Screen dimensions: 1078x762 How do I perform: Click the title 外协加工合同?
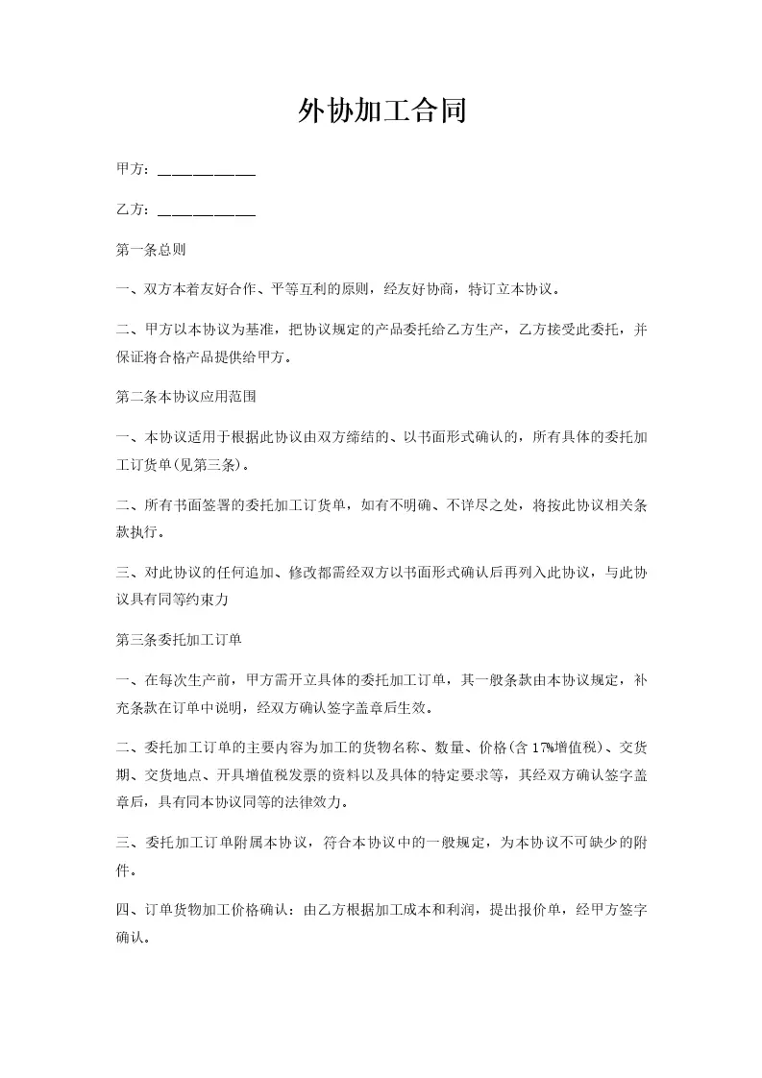point(381,111)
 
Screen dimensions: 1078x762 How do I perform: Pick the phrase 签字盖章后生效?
point(376,709)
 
